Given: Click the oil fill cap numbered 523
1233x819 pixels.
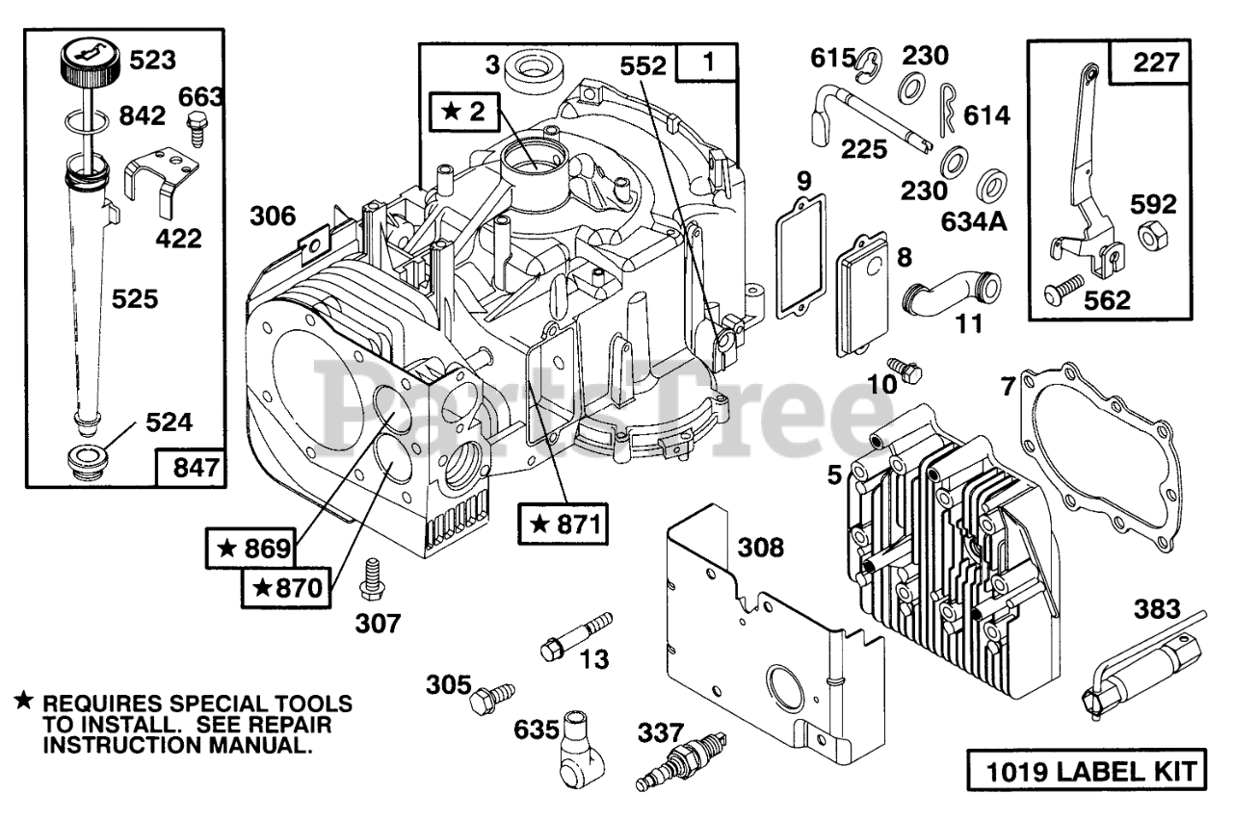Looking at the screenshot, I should pyautogui.click(x=84, y=62).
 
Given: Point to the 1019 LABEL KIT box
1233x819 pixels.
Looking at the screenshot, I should pyautogui.click(x=1085, y=771).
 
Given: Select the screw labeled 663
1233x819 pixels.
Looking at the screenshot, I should pyautogui.click(x=196, y=127).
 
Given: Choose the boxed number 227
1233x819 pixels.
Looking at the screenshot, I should pyautogui.click(x=1154, y=63).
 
